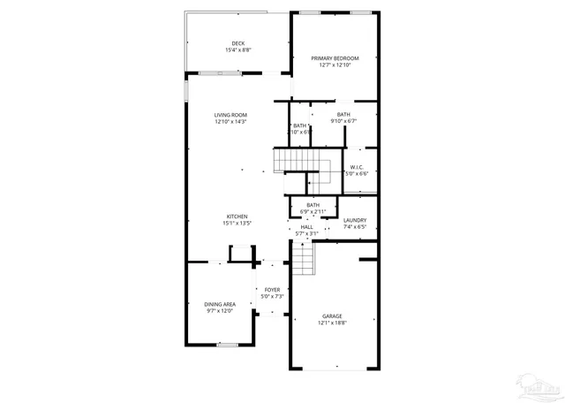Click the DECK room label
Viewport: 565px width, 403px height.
click(x=238, y=43)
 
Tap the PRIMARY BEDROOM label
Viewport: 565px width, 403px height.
click(x=335, y=58)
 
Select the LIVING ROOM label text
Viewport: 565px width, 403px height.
click(x=230, y=115)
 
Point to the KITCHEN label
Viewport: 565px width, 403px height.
click(x=237, y=217)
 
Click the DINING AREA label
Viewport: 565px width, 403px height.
click(x=220, y=304)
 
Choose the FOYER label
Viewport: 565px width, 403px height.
click(x=272, y=289)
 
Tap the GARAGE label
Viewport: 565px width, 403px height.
click(x=332, y=316)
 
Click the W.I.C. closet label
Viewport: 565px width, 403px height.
click(x=357, y=167)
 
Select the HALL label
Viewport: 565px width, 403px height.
click(x=306, y=227)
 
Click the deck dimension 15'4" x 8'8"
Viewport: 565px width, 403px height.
click(x=238, y=50)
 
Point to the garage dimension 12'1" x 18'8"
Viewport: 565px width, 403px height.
click(x=332, y=323)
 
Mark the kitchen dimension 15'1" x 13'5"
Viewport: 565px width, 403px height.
click(x=237, y=224)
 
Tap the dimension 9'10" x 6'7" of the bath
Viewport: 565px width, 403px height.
click(x=343, y=121)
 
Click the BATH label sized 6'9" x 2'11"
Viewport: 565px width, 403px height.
click(x=313, y=205)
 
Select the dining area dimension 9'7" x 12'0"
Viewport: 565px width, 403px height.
click(x=220, y=311)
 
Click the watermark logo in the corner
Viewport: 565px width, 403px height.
click(x=539, y=386)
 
